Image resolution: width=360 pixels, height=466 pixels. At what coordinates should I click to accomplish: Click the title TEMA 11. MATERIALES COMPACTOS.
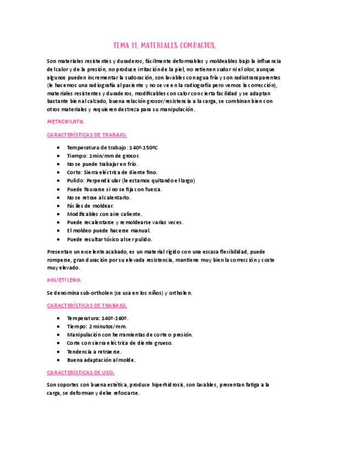(x=164, y=45)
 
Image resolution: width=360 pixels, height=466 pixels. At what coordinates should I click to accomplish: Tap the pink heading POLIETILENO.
(x=64, y=280)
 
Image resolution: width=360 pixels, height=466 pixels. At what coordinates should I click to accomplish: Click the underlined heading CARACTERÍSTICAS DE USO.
(x=80, y=372)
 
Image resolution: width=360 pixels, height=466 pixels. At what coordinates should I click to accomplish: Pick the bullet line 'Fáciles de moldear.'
(x=90, y=206)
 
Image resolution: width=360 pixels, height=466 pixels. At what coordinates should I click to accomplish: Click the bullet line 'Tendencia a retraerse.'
(x=94, y=352)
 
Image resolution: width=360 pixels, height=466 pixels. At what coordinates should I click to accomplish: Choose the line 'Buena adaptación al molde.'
(x=101, y=360)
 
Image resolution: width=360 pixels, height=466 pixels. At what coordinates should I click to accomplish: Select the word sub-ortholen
(x=93, y=293)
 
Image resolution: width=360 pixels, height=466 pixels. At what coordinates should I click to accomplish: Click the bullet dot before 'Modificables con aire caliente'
(x=59, y=214)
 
